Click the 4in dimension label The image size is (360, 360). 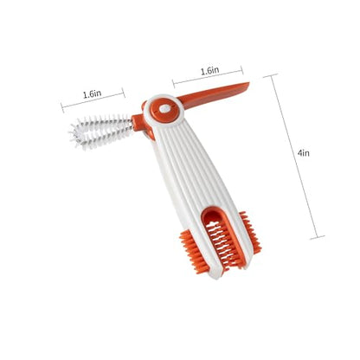click(x=304, y=152)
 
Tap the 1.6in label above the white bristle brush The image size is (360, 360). click(x=92, y=94)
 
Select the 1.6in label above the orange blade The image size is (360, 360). click(x=210, y=71)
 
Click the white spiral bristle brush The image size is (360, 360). click(x=100, y=132)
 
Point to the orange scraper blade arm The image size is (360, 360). click(x=214, y=94)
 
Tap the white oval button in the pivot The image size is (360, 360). click(x=164, y=109)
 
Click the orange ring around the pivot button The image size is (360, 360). click(x=164, y=111)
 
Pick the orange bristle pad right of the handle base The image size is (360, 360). click(x=250, y=232)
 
